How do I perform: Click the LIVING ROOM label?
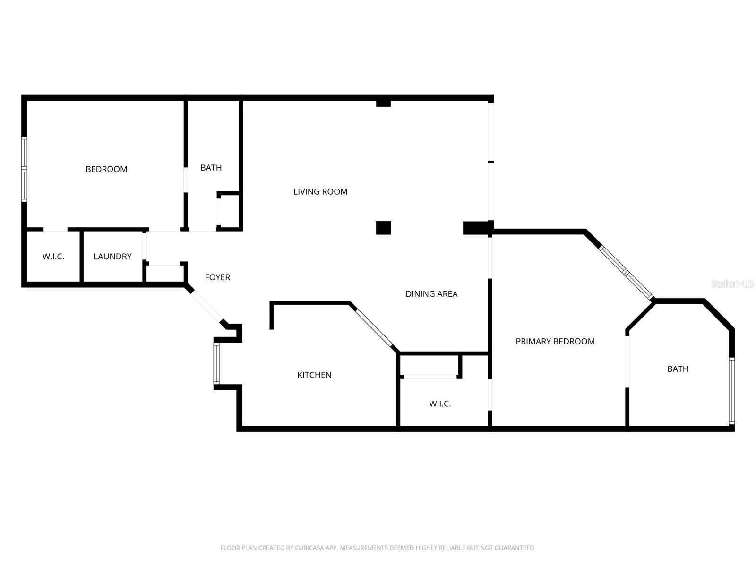tap(320, 191)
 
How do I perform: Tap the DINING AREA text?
tap(431, 294)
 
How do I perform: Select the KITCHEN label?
tap(314, 375)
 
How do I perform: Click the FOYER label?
tap(217, 277)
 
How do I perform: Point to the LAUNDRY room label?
tap(112, 257)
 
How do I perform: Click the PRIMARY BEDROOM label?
tap(555, 341)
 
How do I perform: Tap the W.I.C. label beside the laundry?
tap(53, 257)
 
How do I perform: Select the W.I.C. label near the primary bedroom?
tap(440, 404)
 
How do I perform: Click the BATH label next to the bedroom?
tap(211, 168)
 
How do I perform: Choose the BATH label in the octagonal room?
tap(678, 369)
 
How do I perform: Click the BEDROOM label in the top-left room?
tap(106, 169)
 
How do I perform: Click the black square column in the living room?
tap(383, 228)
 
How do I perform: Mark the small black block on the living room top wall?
tap(383, 103)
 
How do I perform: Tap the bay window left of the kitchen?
tap(216, 363)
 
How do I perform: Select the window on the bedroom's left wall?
tap(24, 169)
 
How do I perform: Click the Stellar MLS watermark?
tap(732, 284)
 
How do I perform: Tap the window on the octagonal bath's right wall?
tap(731, 391)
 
